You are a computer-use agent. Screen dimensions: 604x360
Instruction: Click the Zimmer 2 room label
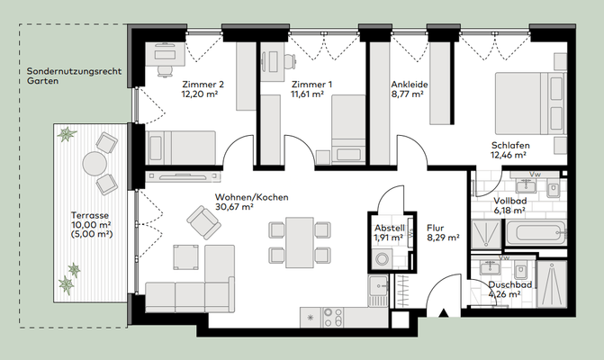(x=203, y=85)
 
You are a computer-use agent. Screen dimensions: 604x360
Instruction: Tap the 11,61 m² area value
(x=307, y=94)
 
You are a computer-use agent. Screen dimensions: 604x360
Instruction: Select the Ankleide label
(x=410, y=85)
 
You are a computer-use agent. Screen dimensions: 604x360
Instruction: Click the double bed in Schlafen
(x=530, y=103)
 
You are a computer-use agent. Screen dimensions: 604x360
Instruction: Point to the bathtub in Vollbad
(x=536, y=232)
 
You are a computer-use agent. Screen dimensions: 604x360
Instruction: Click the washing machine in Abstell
(x=383, y=258)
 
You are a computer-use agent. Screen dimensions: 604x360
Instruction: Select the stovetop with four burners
(x=333, y=318)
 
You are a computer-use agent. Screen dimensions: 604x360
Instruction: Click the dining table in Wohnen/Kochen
(x=300, y=242)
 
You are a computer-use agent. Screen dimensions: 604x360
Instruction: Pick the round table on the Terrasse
(x=95, y=163)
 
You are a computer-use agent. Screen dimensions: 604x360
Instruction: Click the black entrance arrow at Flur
(x=444, y=312)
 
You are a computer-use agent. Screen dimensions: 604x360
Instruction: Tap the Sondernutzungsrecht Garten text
(x=74, y=76)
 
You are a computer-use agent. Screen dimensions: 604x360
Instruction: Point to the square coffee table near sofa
(x=186, y=256)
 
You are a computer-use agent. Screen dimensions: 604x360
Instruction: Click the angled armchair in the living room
(x=203, y=222)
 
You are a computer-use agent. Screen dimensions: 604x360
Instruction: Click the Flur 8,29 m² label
(x=443, y=233)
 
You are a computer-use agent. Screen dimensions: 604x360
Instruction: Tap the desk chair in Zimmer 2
(x=165, y=70)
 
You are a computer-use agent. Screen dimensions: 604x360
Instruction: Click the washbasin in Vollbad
(x=527, y=185)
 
